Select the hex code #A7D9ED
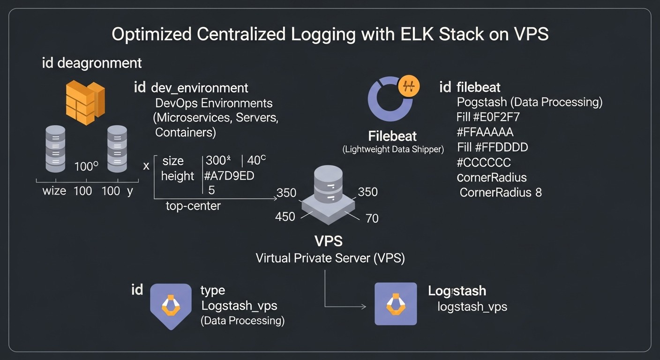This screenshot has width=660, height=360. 229,176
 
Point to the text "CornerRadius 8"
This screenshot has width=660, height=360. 501,192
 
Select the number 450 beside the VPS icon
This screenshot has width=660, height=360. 285,217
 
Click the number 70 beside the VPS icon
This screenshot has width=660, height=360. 372,218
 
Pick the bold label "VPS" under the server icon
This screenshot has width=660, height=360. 328,241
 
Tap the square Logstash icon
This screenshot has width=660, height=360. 396,304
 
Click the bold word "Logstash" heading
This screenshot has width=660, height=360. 457,291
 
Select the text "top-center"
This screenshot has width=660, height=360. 193,206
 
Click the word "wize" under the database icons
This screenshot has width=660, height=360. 54,191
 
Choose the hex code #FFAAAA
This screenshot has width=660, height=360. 485,132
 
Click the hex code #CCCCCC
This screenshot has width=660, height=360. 484,163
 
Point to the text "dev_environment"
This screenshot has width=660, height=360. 200,88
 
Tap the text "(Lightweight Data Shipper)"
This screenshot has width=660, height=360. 393,150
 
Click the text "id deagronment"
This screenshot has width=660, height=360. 92,63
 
